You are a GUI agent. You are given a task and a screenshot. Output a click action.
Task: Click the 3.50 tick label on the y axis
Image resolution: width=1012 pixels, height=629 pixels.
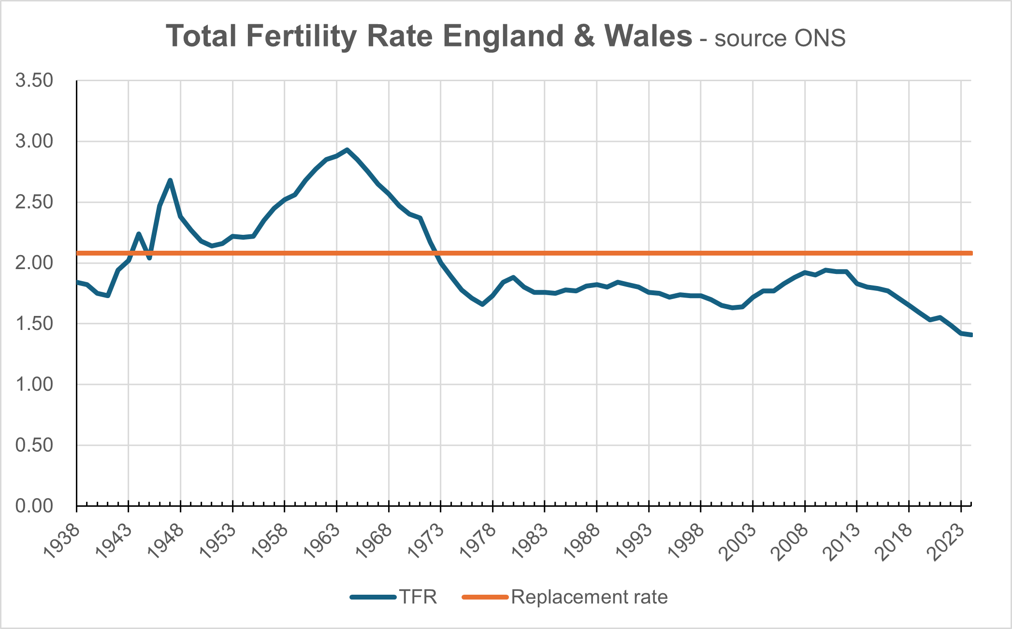(x=34, y=80)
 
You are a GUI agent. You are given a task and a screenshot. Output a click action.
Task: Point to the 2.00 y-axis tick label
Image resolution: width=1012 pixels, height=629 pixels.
(x=34, y=263)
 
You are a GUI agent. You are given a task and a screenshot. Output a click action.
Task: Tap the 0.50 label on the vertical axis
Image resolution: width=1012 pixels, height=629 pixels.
(x=34, y=445)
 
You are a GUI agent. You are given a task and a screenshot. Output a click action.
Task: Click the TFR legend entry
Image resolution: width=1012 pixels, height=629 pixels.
(x=418, y=597)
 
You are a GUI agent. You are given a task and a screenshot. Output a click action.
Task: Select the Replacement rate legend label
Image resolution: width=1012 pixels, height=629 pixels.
(x=589, y=597)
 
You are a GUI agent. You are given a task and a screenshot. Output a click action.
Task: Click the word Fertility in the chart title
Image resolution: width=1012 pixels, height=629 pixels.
(x=301, y=37)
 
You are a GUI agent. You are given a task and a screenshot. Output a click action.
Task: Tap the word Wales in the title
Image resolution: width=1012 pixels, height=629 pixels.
(x=648, y=36)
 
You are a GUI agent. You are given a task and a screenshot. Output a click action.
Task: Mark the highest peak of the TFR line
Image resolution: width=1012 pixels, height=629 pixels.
(x=347, y=150)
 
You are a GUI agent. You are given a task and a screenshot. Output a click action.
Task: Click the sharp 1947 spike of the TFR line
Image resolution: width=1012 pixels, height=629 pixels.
(x=170, y=180)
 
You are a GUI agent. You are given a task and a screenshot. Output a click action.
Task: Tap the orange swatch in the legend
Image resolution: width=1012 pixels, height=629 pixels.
(x=485, y=597)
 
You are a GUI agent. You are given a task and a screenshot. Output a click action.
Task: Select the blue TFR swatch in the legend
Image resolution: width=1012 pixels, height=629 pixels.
(x=373, y=597)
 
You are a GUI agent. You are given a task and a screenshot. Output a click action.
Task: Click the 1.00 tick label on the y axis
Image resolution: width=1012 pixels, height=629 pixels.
(x=34, y=385)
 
